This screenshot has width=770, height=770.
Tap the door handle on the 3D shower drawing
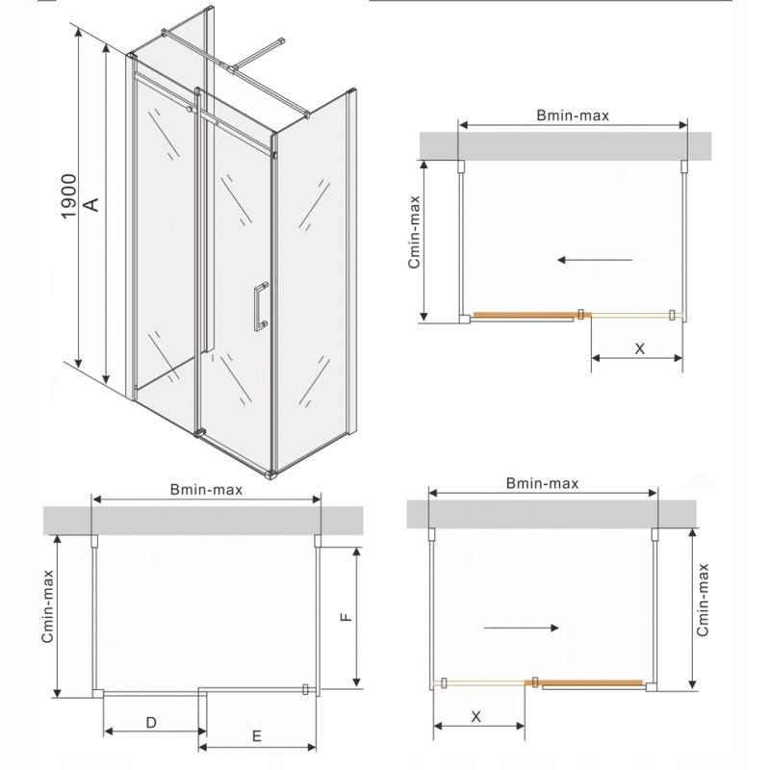point(260,308)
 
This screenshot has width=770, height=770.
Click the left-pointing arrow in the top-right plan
point(594,259)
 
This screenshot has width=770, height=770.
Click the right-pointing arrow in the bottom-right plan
point(521,628)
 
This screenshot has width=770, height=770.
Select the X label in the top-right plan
point(639,348)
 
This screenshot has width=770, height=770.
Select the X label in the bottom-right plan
point(476,716)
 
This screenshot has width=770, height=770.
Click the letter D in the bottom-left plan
point(151,721)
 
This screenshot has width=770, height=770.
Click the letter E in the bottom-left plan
point(257,736)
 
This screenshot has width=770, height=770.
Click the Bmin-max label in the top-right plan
point(573,115)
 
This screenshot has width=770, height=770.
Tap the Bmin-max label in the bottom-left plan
point(206,489)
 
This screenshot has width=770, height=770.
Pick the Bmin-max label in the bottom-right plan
point(542,484)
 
